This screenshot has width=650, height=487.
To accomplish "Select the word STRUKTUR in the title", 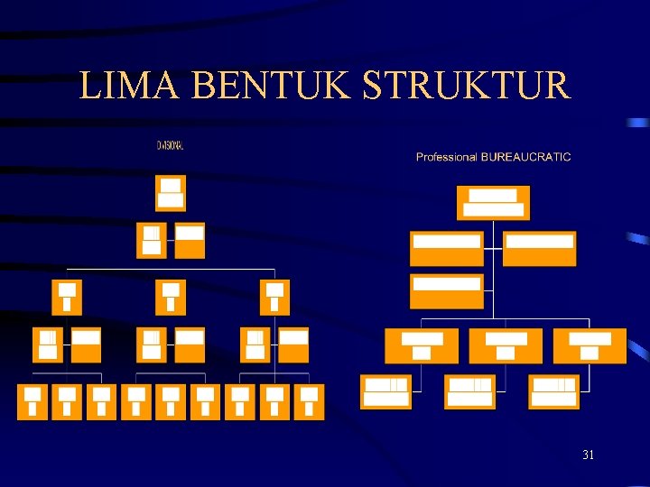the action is [x=467, y=86].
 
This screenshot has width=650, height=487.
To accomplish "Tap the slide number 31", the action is [x=588, y=455].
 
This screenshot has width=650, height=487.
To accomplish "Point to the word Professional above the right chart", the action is [x=446, y=157].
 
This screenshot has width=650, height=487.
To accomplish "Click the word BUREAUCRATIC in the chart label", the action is [x=526, y=157].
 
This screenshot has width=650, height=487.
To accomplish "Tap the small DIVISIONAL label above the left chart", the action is [x=170, y=144].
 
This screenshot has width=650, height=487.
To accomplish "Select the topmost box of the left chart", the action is [x=171, y=193].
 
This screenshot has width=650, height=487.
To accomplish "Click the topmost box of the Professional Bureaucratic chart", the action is [x=493, y=203].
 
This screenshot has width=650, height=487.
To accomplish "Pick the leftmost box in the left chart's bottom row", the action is [x=32, y=402].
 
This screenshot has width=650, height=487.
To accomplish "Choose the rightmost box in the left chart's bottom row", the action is [x=309, y=402].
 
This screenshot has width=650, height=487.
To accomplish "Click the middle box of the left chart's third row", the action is [x=171, y=297].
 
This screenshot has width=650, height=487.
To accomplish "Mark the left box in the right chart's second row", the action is [x=446, y=249].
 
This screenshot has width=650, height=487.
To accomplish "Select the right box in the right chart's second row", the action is [x=539, y=249].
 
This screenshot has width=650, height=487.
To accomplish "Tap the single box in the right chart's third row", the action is [x=446, y=291].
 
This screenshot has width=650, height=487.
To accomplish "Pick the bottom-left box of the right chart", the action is [x=386, y=391].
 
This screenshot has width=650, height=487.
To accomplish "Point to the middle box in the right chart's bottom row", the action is [x=470, y=391].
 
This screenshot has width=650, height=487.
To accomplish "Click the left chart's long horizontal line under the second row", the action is [x=171, y=269].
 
